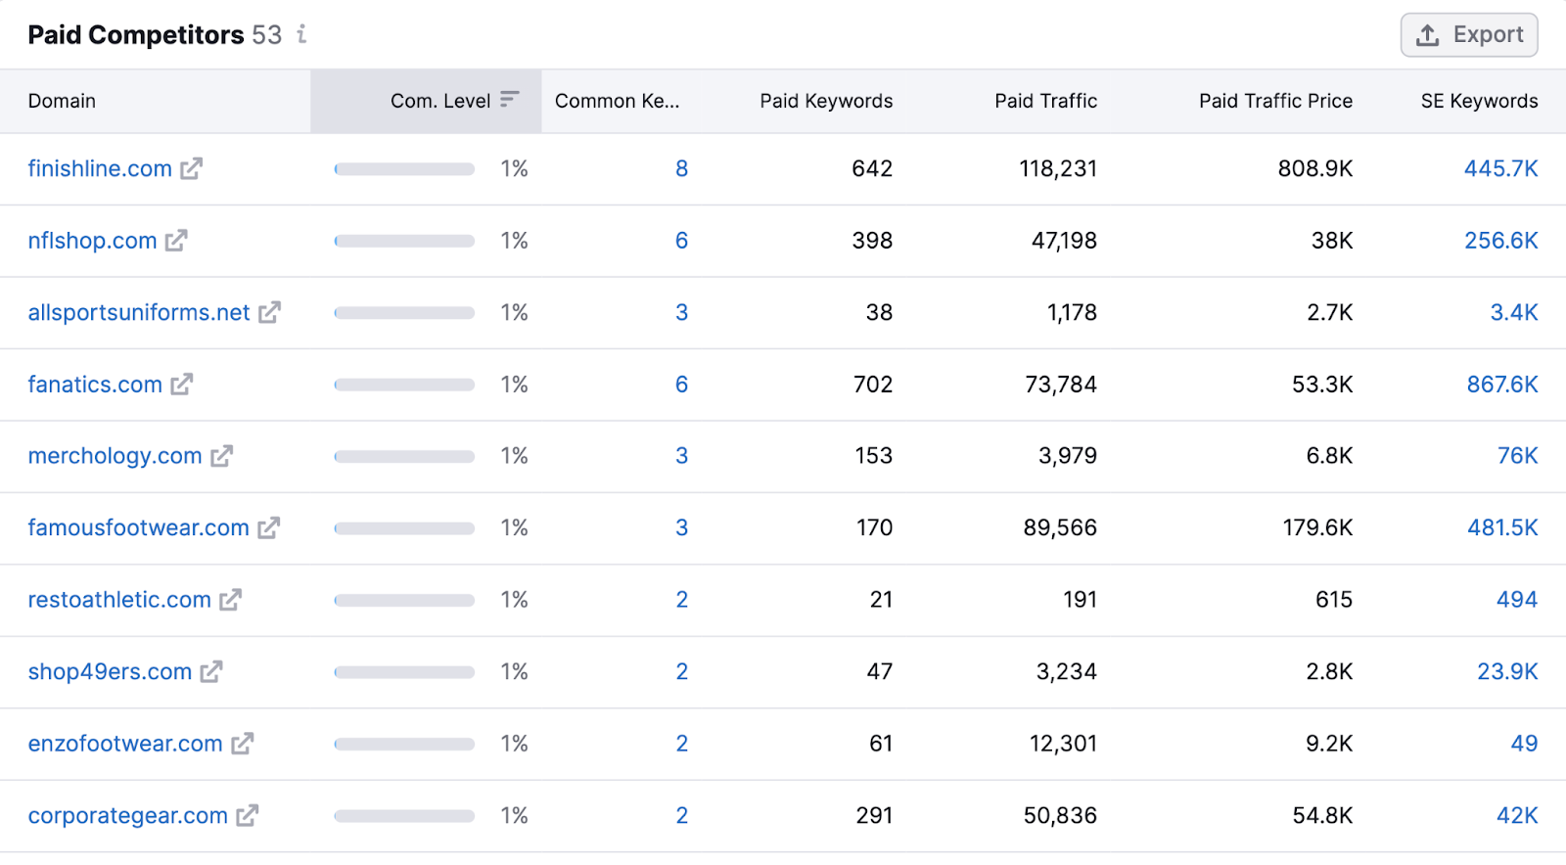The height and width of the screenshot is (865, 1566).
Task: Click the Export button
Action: point(1468,35)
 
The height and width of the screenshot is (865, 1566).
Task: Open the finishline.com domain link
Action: point(99,168)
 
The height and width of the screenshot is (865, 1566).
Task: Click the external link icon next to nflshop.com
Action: point(176,241)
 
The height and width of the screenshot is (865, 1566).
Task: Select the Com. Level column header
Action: point(440,101)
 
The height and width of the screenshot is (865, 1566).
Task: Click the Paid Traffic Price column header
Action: point(1274,101)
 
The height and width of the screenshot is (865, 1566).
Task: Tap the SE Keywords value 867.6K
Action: point(1501,385)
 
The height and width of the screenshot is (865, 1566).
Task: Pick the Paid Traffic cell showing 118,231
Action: point(1057,168)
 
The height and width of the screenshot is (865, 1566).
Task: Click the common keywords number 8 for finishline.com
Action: point(681,168)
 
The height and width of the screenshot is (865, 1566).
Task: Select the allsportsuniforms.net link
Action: point(138,312)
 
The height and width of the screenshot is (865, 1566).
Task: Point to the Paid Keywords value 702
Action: point(872,385)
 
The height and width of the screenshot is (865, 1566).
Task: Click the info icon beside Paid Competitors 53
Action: point(301,34)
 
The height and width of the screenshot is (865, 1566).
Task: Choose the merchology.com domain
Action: point(115,456)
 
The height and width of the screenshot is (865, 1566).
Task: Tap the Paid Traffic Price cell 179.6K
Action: point(1316,528)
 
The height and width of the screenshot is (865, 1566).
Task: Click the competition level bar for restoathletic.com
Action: point(404,600)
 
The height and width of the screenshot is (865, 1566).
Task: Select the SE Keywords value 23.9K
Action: point(1506,672)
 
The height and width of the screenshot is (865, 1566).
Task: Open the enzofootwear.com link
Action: point(124,744)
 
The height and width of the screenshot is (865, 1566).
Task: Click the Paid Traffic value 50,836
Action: point(1059,816)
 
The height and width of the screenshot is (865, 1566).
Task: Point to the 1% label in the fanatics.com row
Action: point(514,385)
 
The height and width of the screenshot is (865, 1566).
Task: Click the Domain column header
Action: point(62,101)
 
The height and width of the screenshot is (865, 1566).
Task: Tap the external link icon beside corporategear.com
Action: point(248,815)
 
